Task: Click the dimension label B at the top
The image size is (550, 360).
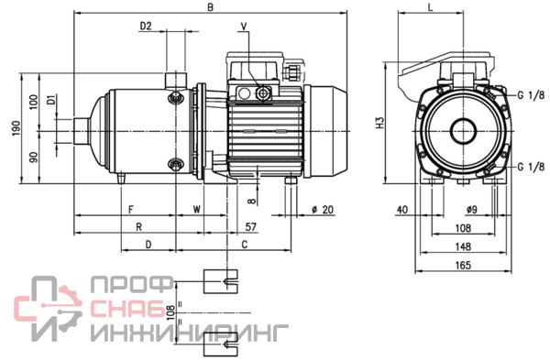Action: coord(211,7)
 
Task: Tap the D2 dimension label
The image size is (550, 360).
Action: coord(146,26)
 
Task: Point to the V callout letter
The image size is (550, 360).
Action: coord(244,26)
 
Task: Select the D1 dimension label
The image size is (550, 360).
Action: coord(51,100)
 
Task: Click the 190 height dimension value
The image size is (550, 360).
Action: coord(16,128)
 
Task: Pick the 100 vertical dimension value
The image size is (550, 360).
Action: coord(34,102)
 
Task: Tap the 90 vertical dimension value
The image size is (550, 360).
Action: coord(34,158)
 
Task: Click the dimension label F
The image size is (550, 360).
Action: coord(131,210)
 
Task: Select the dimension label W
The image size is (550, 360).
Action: coord(197,209)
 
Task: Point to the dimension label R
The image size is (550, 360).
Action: coord(139,227)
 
